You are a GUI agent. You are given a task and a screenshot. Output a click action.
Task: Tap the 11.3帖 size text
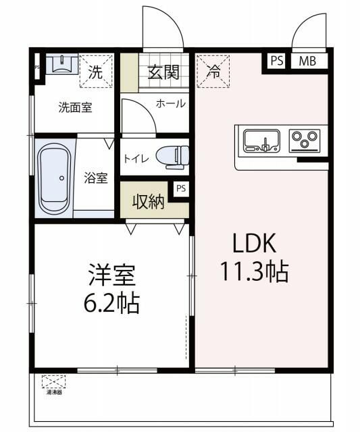click(255, 271)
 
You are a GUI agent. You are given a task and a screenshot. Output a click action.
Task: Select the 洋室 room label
click(112, 276)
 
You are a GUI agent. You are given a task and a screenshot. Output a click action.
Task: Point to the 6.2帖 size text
click(112, 303)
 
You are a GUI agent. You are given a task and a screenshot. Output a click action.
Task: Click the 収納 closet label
click(148, 201)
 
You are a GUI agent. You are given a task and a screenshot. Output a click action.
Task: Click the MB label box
click(307, 61)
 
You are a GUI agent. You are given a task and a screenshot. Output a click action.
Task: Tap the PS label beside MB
click(276, 61)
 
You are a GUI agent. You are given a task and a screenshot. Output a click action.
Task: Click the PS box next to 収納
click(180, 190)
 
